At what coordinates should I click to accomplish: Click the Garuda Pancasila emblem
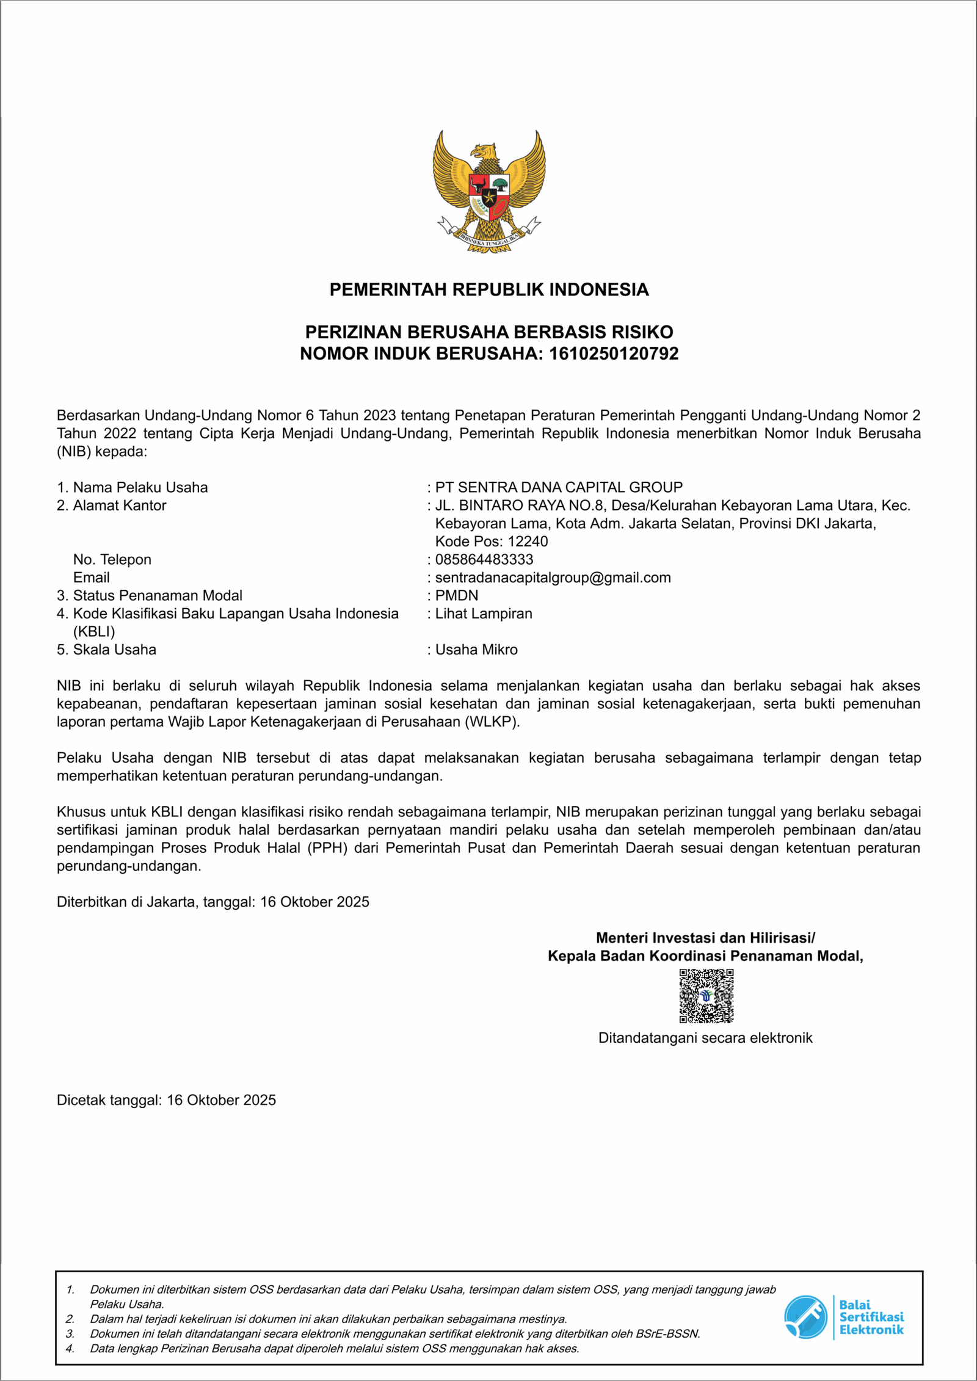coord(488,191)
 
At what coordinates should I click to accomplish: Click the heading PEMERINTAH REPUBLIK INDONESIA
coord(488,289)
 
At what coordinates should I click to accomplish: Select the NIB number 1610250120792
coord(613,353)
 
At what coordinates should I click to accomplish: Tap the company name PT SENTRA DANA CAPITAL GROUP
coord(558,487)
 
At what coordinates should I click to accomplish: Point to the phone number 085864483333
coord(484,559)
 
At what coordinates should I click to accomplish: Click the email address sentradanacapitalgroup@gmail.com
coord(553,578)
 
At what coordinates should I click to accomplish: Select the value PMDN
coord(456,595)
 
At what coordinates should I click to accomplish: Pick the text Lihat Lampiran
coord(483,614)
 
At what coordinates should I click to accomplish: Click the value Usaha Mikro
coord(476,650)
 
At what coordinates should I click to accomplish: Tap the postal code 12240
coord(528,542)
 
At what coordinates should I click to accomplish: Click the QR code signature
coord(706,996)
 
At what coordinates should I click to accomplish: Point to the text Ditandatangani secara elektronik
coord(705,1038)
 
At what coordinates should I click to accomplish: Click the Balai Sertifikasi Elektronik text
coord(871,1317)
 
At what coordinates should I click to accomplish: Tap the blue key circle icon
coord(805,1317)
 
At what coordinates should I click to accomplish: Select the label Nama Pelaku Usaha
coord(140,487)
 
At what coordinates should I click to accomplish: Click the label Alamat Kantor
coord(119,506)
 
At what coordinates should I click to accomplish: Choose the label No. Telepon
coord(112,559)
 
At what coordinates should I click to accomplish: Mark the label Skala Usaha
coord(114,650)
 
